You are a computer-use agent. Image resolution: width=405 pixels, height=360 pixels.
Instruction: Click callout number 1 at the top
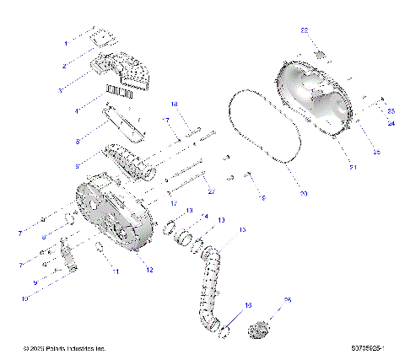pyautogui.click(x=66, y=41)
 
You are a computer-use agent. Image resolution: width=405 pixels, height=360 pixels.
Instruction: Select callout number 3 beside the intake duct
pyautogui.click(x=61, y=89)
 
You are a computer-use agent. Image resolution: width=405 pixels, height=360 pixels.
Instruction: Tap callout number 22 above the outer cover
pyautogui.click(x=305, y=30)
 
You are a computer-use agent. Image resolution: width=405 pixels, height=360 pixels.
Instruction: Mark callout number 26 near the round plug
pyautogui.click(x=287, y=299)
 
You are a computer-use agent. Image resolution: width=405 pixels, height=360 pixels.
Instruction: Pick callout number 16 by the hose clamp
pyautogui.click(x=248, y=304)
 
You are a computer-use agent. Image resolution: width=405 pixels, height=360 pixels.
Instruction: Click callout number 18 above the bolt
pyautogui.click(x=175, y=105)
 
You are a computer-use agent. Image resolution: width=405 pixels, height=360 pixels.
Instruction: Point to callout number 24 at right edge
pyautogui.click(x=391, y=123)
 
